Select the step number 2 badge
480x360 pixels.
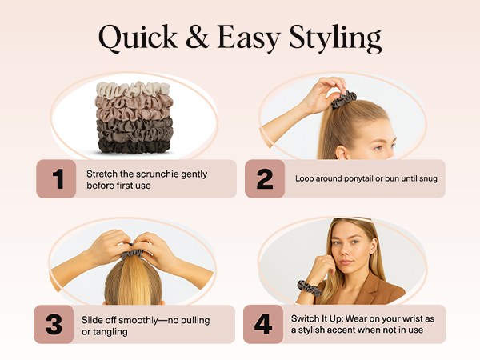[264, 179]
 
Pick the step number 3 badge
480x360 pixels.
[54, 324]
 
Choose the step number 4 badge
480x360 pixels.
[263, 324]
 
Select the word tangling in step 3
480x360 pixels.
[112, 331]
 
